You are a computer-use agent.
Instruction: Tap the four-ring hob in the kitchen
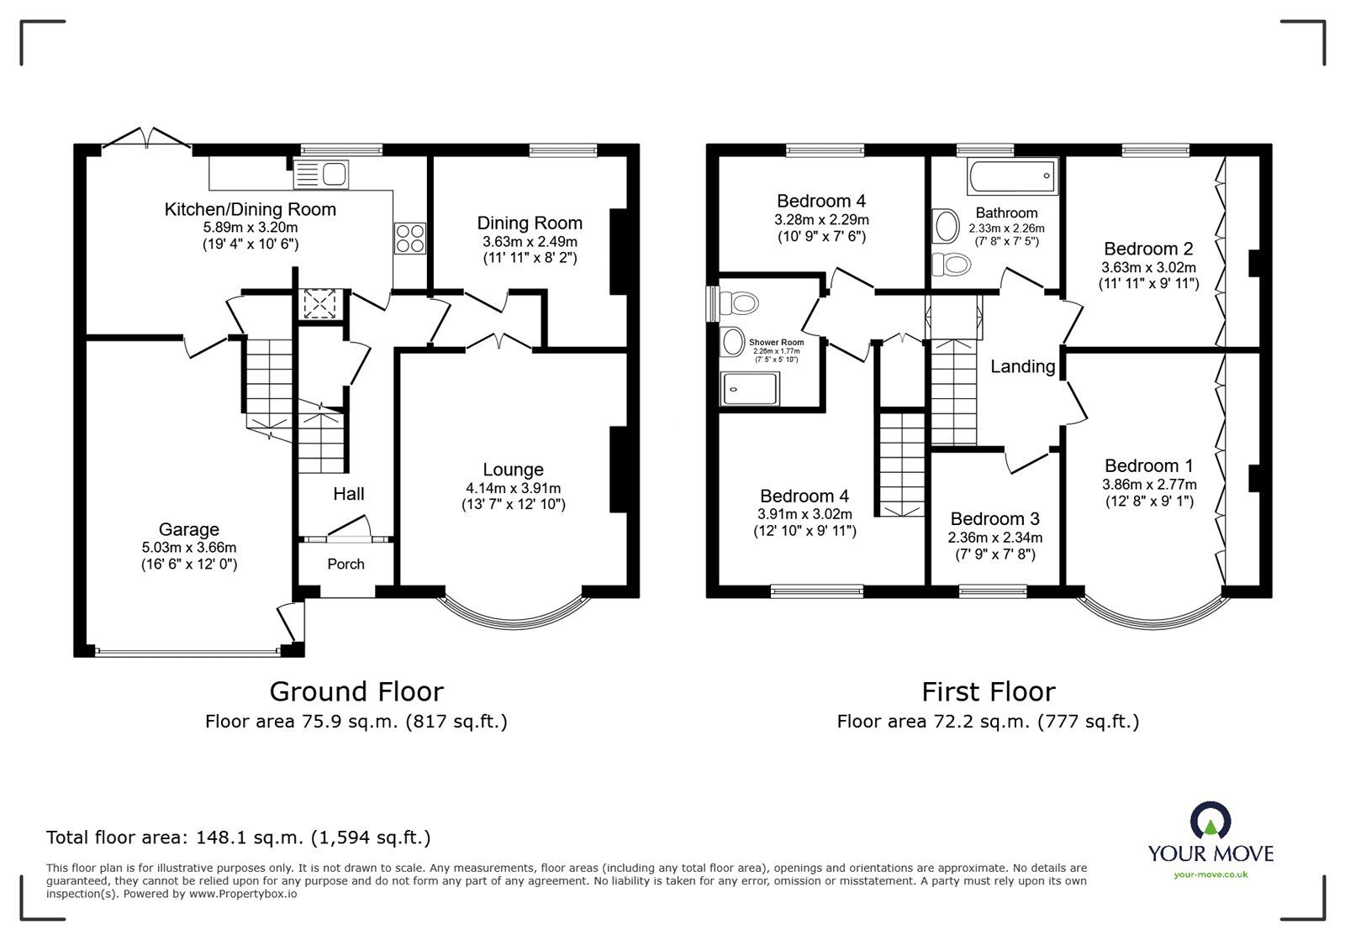(409, 238)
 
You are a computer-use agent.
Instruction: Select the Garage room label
(189, 529)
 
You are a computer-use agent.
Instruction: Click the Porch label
(345, 564)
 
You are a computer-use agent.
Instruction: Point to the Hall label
(348, 494)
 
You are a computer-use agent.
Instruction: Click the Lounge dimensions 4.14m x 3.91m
(513, 488)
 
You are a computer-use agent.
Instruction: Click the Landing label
(1022, 366)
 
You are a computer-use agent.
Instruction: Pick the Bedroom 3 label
(994, 518)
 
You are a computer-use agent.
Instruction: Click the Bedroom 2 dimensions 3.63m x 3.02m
(1148, 267)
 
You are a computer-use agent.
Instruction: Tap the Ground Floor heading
(356, 691)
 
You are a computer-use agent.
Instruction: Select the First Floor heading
(988, 691)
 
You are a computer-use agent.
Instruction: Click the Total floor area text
(239, 838)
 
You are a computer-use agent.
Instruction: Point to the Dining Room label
(530, 223)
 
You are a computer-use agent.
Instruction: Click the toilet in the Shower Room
(742, 302)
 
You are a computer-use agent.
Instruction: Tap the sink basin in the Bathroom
(947, 225)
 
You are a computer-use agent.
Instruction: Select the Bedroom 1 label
(1148, 465)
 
